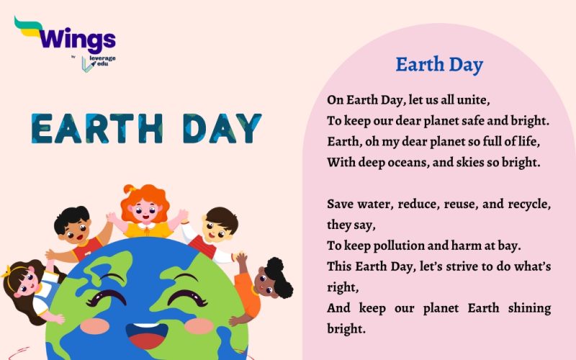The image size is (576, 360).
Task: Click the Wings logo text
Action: tap(76, 37)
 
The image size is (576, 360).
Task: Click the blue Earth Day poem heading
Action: tap(439, 65)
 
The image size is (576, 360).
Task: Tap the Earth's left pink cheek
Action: tap(94, 325)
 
